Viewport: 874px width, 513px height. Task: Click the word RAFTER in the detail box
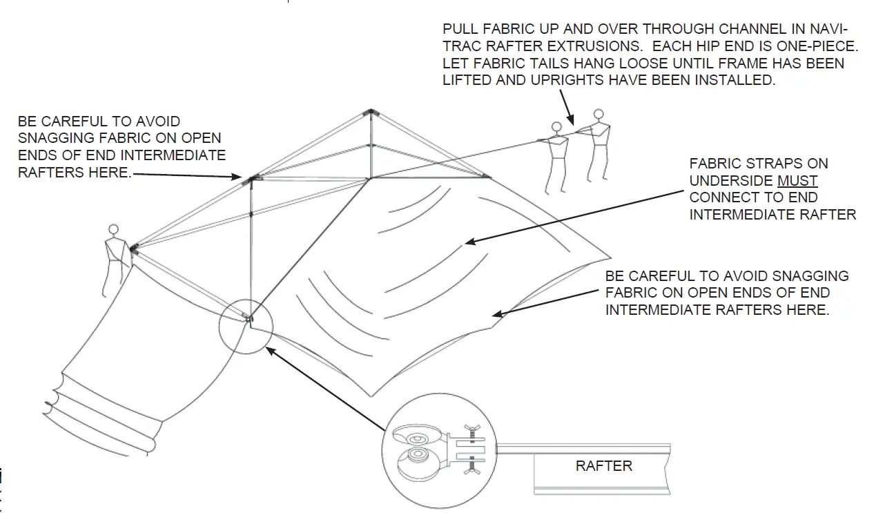coord(604,465)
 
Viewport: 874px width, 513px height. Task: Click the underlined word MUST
coord(797,181)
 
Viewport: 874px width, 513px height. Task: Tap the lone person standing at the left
coord(114,259)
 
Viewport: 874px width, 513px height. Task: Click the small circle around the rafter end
coord(246,327)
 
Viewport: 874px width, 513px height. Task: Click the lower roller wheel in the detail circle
coord(417,458)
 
